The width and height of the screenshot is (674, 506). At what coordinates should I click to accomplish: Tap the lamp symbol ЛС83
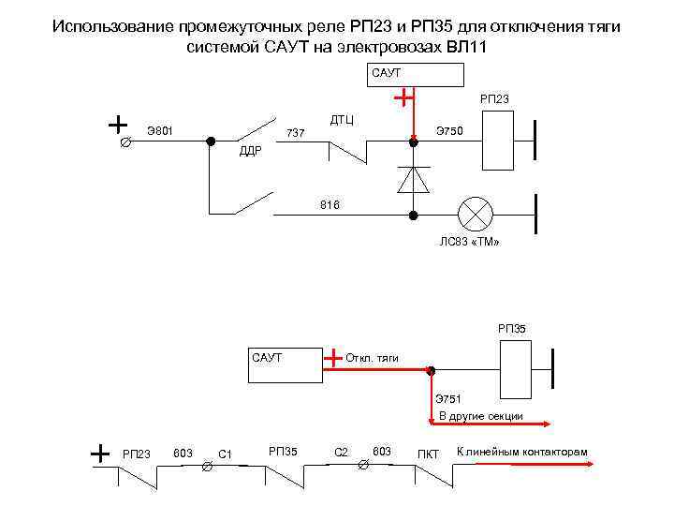pos(474,214)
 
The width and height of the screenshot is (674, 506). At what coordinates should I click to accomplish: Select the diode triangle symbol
pos(413,177)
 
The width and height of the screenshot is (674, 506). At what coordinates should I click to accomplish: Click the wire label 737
pos(296,133)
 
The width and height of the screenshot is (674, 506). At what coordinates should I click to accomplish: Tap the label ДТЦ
pos(342,119)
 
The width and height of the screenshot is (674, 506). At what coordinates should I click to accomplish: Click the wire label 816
pos(330,204)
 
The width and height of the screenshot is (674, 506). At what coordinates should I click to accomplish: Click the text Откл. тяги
pos(373,358)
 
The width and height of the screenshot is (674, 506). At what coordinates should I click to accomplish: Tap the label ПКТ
pos(428,454)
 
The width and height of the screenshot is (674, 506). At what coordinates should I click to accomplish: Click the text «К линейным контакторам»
pos(521,453)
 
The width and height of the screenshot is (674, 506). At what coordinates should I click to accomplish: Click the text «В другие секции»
pos(480,415)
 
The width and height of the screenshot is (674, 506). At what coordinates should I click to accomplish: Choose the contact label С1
pos(225,454)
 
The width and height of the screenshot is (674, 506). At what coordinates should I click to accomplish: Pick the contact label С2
pos(341,454)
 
